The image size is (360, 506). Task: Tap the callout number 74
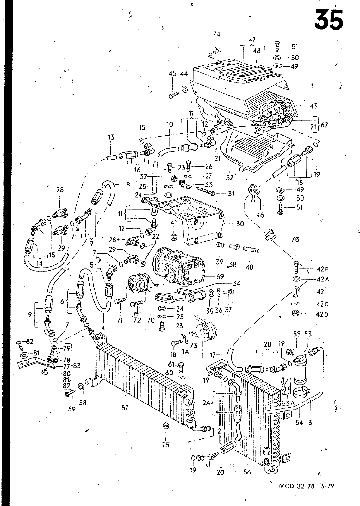tap(216, 35)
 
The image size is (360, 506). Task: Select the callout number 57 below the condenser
tap(125, 408)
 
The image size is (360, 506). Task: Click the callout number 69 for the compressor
tap(220, 276)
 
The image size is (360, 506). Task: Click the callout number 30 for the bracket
tap(240, 224)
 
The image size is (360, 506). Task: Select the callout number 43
tap(313, 106)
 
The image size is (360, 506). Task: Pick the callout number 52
tap(229, 178)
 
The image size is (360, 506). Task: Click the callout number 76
tap(295, 239)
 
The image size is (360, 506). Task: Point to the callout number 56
tap(247, 472)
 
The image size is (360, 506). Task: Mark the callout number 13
tap(111, 137)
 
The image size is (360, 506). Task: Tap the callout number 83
tap(77, 366)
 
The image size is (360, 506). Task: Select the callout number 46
tap(260, 215)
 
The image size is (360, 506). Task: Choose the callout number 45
tap(172, 74)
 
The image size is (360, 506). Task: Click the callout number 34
tap(236, 284)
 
